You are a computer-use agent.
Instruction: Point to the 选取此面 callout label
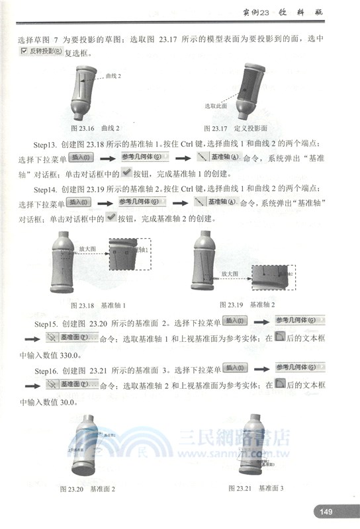point(215,106)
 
